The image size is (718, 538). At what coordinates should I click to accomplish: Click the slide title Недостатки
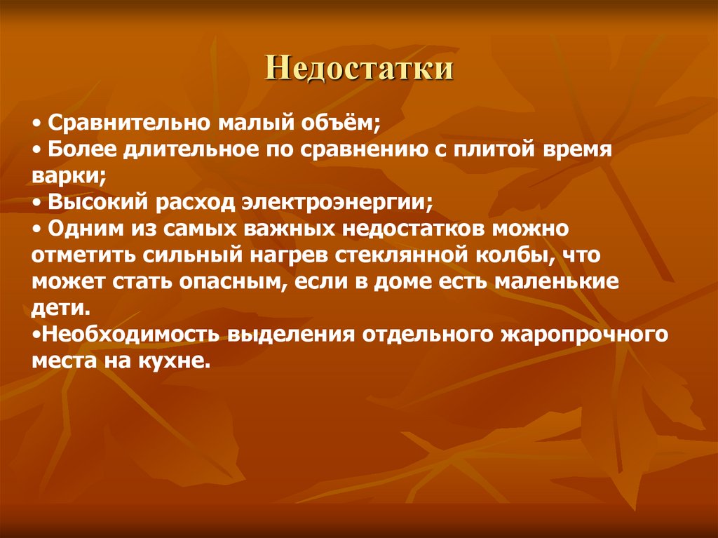(358, 71)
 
